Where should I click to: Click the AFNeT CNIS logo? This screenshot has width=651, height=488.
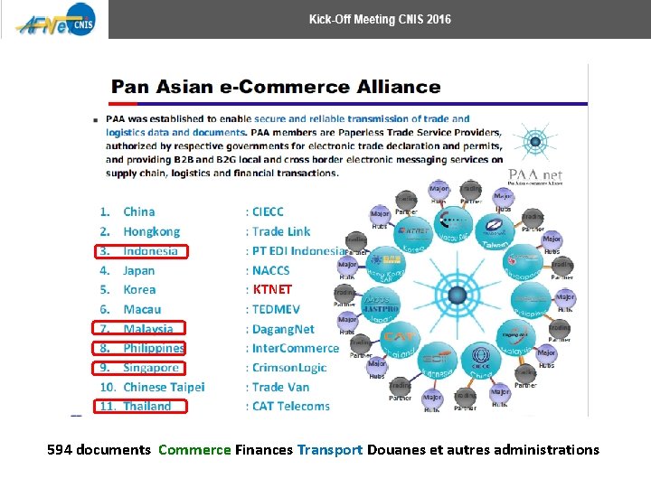(52, 20)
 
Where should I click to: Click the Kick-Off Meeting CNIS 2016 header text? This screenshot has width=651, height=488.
(380, 19)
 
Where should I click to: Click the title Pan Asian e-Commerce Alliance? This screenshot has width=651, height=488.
(276, 88)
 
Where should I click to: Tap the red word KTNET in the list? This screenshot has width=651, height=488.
(272, 290)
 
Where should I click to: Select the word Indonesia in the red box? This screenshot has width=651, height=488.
(151, 251)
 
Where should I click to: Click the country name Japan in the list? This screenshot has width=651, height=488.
(139, 270)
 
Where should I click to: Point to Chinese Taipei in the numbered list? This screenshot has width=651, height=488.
(164, 387)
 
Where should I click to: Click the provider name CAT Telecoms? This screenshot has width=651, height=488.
(291, 407)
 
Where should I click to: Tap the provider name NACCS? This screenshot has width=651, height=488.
(271, 270)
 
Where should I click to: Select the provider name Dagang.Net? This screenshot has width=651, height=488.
(284, 329)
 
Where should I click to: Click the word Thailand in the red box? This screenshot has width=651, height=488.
(147, 407)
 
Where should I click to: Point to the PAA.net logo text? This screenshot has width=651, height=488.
(534, 174)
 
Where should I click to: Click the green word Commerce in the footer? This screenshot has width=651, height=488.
(194, 449)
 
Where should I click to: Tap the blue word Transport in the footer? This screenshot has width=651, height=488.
(330, 449)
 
